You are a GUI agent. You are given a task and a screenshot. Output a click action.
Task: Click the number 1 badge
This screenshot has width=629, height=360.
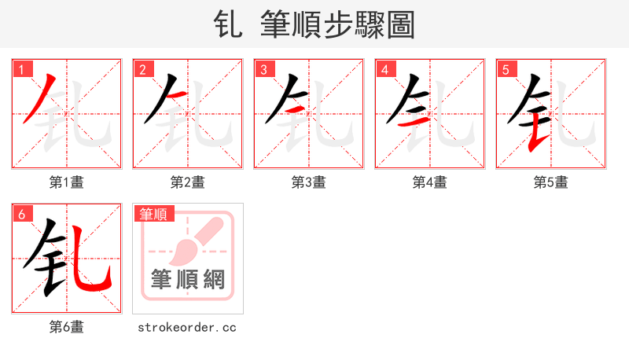pyautogui.click(x=21, y=69)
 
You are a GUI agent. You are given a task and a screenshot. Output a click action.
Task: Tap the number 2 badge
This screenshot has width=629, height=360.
pyautogui.click(x=142, y=69)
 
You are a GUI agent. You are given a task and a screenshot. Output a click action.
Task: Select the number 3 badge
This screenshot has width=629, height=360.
pyautogui.click(x=263, y=69)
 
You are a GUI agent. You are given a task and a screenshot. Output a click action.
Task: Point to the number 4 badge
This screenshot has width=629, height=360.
pyautogui.click(x=384, y=69)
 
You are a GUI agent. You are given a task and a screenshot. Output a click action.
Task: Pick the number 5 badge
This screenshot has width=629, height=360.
pyautogui.click(x=506, y=69)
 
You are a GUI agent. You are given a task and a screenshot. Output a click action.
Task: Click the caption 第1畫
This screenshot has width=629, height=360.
pyautogui.click(x=67, y=182)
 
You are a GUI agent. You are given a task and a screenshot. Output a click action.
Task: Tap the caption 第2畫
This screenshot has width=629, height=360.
pyautogui.click(x=188, y=182)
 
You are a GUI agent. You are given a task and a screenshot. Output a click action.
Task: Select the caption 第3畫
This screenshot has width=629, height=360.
pyautogui.click(x=309, y=182)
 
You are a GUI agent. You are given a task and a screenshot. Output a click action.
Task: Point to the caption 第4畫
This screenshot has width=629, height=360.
pyautogui.click(x=430, y=182)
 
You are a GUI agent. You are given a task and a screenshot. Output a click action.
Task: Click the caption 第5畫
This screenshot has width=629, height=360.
pyautogui.click(x=551, y=182)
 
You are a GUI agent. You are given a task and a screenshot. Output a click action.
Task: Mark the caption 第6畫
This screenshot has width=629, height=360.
pyautogui.click(x=67, y=327)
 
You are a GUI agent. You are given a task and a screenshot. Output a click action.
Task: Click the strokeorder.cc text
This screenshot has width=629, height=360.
pyautogui.click(x=187, y=327)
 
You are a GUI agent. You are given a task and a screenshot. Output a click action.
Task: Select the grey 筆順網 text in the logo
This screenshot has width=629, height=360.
pyautogui.click(x=188, y=279)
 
